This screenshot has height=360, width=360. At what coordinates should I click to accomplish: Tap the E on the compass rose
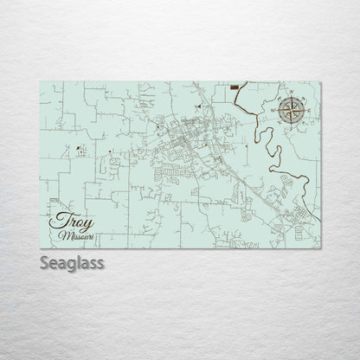click(306, 110)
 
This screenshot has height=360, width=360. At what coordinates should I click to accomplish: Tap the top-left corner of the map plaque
click(41, 81)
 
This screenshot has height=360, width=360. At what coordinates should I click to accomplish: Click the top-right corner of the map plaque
click(319, 81)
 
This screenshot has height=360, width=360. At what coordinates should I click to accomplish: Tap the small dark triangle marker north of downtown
click(198, 104)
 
